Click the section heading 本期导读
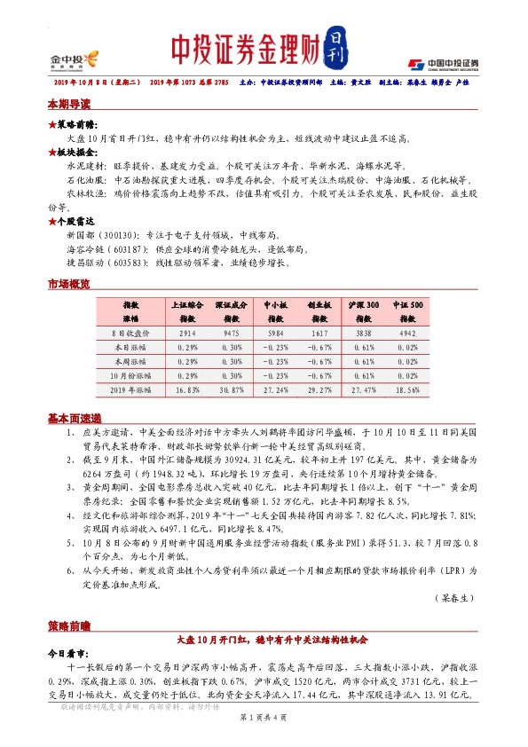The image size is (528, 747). (x=68, y=105)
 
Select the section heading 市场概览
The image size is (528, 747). (x=68, y=284)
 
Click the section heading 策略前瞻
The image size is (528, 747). (x=68, y=625)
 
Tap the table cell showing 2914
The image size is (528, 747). (x=187, y=333)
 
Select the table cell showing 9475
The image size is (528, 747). (x=232, y=333)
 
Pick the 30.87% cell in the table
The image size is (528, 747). (x=232, y=389)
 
